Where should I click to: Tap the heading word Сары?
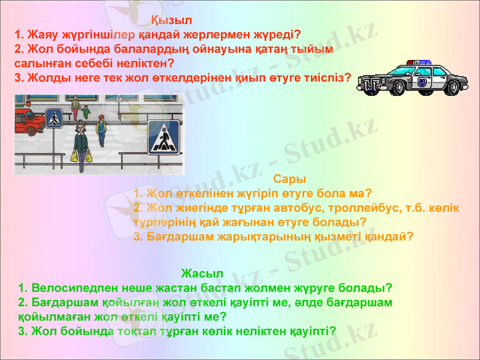(289, 179)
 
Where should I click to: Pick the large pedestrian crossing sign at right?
(164, 139)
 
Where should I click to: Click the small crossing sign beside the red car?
(55, 118)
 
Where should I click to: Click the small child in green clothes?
(86, 112)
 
